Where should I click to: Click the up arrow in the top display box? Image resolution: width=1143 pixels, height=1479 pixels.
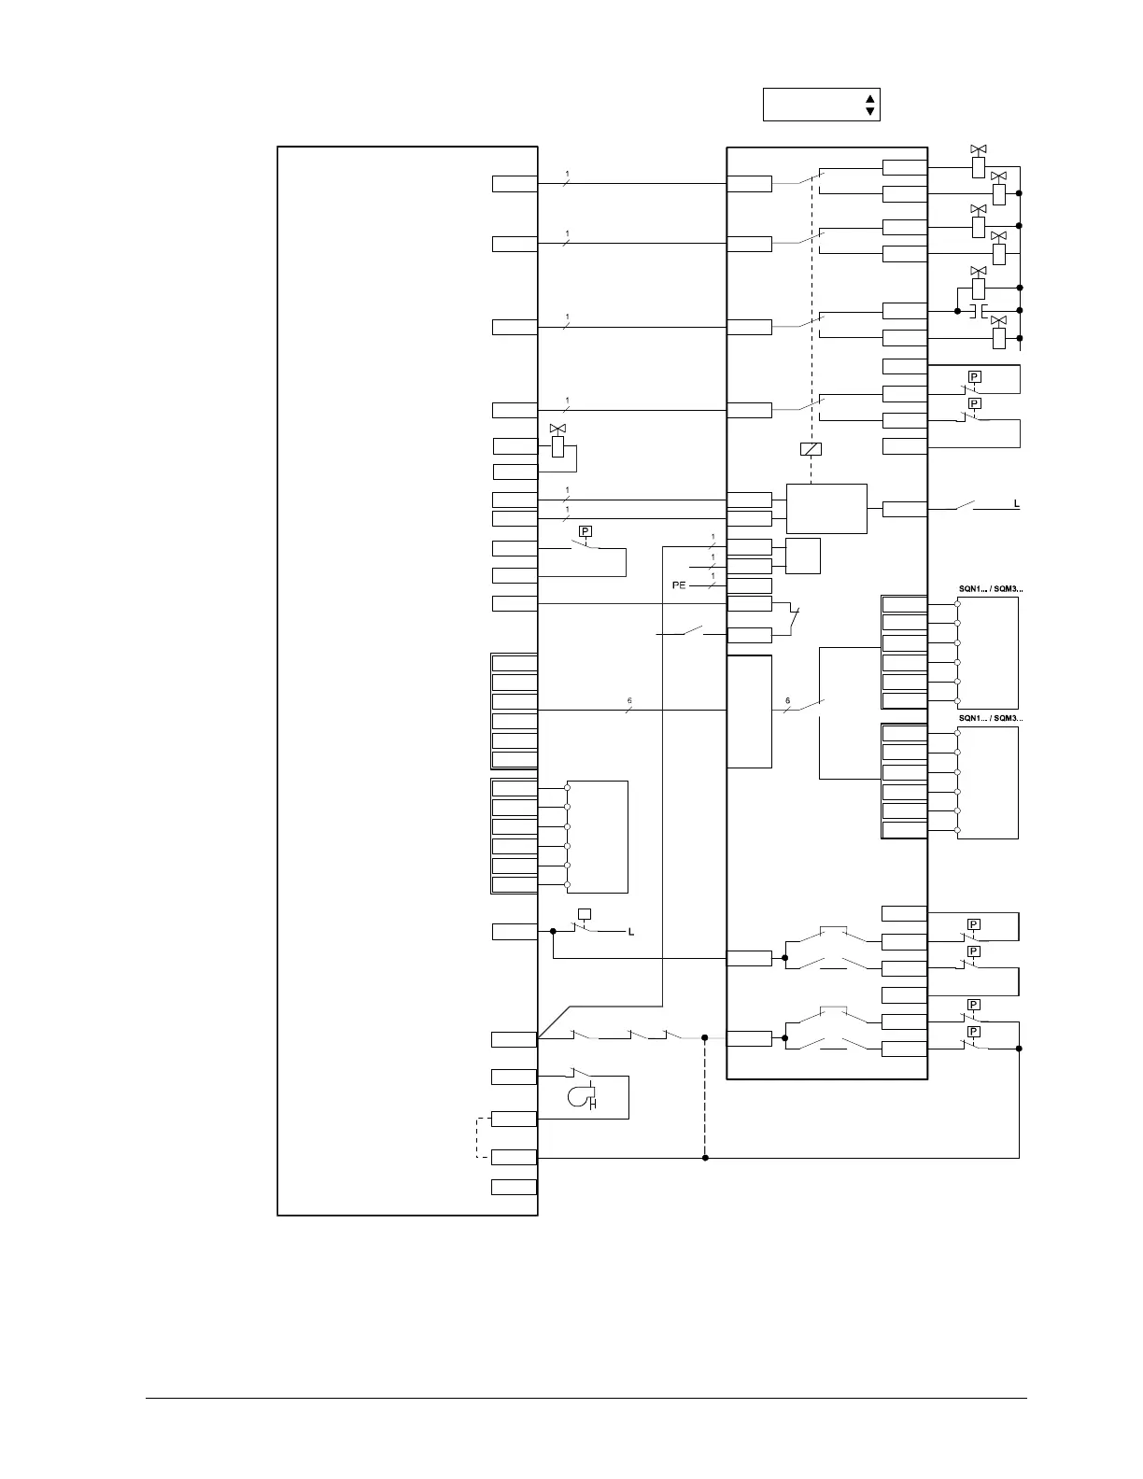[x=869, y=98]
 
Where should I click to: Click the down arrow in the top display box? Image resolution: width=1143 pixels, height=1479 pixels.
[x=869, y=111]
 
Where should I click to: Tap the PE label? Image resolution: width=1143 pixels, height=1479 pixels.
[x=679, y=585]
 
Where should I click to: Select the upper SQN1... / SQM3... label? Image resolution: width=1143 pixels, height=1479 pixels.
[x=990, y=589]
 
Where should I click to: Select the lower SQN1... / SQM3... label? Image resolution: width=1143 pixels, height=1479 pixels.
[x=990, y=718]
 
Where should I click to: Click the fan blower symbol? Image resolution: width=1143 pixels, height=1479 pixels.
[x=580, y=1095]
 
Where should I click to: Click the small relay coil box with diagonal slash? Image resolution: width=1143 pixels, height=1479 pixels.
[x=811, y=449]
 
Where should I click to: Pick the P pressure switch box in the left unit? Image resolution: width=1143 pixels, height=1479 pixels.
[x=585, y=531]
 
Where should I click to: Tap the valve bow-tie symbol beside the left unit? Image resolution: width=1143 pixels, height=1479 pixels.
[x=558, y=429]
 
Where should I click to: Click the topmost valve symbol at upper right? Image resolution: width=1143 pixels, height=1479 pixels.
[x=979, y=149]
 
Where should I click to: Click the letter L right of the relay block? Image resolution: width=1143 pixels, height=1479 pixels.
[x=1017, y=504]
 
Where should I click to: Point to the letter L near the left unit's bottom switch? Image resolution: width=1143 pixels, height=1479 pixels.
[x=631, y=932]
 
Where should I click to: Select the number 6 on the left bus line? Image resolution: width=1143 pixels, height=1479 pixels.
[x=629, y=700]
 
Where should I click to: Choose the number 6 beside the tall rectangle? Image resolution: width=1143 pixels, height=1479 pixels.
[x=787, y=700]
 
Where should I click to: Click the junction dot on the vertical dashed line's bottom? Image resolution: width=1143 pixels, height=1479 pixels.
[x=705, y=1158]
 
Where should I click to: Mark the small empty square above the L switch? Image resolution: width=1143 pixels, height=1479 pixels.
[x=585, y=913]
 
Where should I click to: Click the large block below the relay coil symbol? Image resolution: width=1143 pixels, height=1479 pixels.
[x=826, y=509]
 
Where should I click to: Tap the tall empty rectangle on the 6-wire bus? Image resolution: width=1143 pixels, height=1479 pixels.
[x=749, y=711]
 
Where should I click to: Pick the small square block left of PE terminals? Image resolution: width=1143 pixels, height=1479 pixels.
[x=803, y=556]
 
